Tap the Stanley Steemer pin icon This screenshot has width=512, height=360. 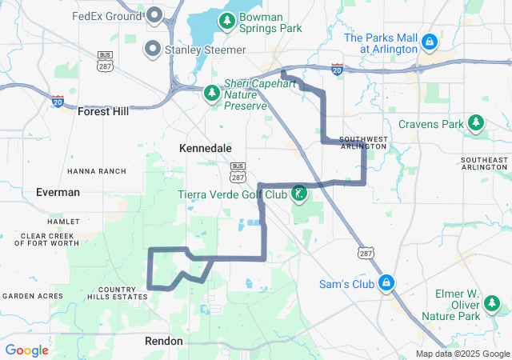(x=151, y=49)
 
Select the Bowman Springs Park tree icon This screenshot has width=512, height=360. (x=227, y=21)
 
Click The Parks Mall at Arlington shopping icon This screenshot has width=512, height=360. (x=430, y=40)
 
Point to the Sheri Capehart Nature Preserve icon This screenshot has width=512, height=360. (x=211, y=94)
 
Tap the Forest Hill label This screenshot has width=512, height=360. (x=103, y=112)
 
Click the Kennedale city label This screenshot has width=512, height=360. (x=206, y=149)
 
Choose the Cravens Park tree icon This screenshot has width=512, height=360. (x=477, y=123)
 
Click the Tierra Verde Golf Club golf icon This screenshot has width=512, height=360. (x=299, y=194)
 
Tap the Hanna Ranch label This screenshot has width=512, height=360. (x=97, y=171)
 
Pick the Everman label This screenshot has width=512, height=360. (x=58, y=192)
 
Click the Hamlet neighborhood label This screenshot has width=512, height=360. (x=63, y=221)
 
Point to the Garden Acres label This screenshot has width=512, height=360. (x=32, y=296)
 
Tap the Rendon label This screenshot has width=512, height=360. (x=164, y=341)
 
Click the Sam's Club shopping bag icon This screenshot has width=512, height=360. (x=386, y=283)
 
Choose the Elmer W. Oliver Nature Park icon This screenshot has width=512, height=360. (x=491, y=304)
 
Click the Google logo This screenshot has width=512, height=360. (x=27, y=350)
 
